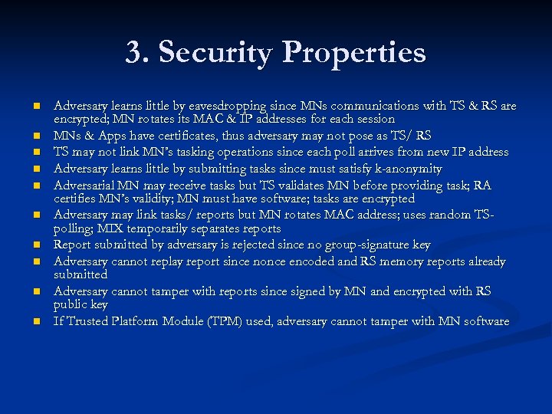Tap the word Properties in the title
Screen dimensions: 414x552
(x=354, y=53)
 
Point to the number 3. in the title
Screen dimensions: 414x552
(x=138, y=53)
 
